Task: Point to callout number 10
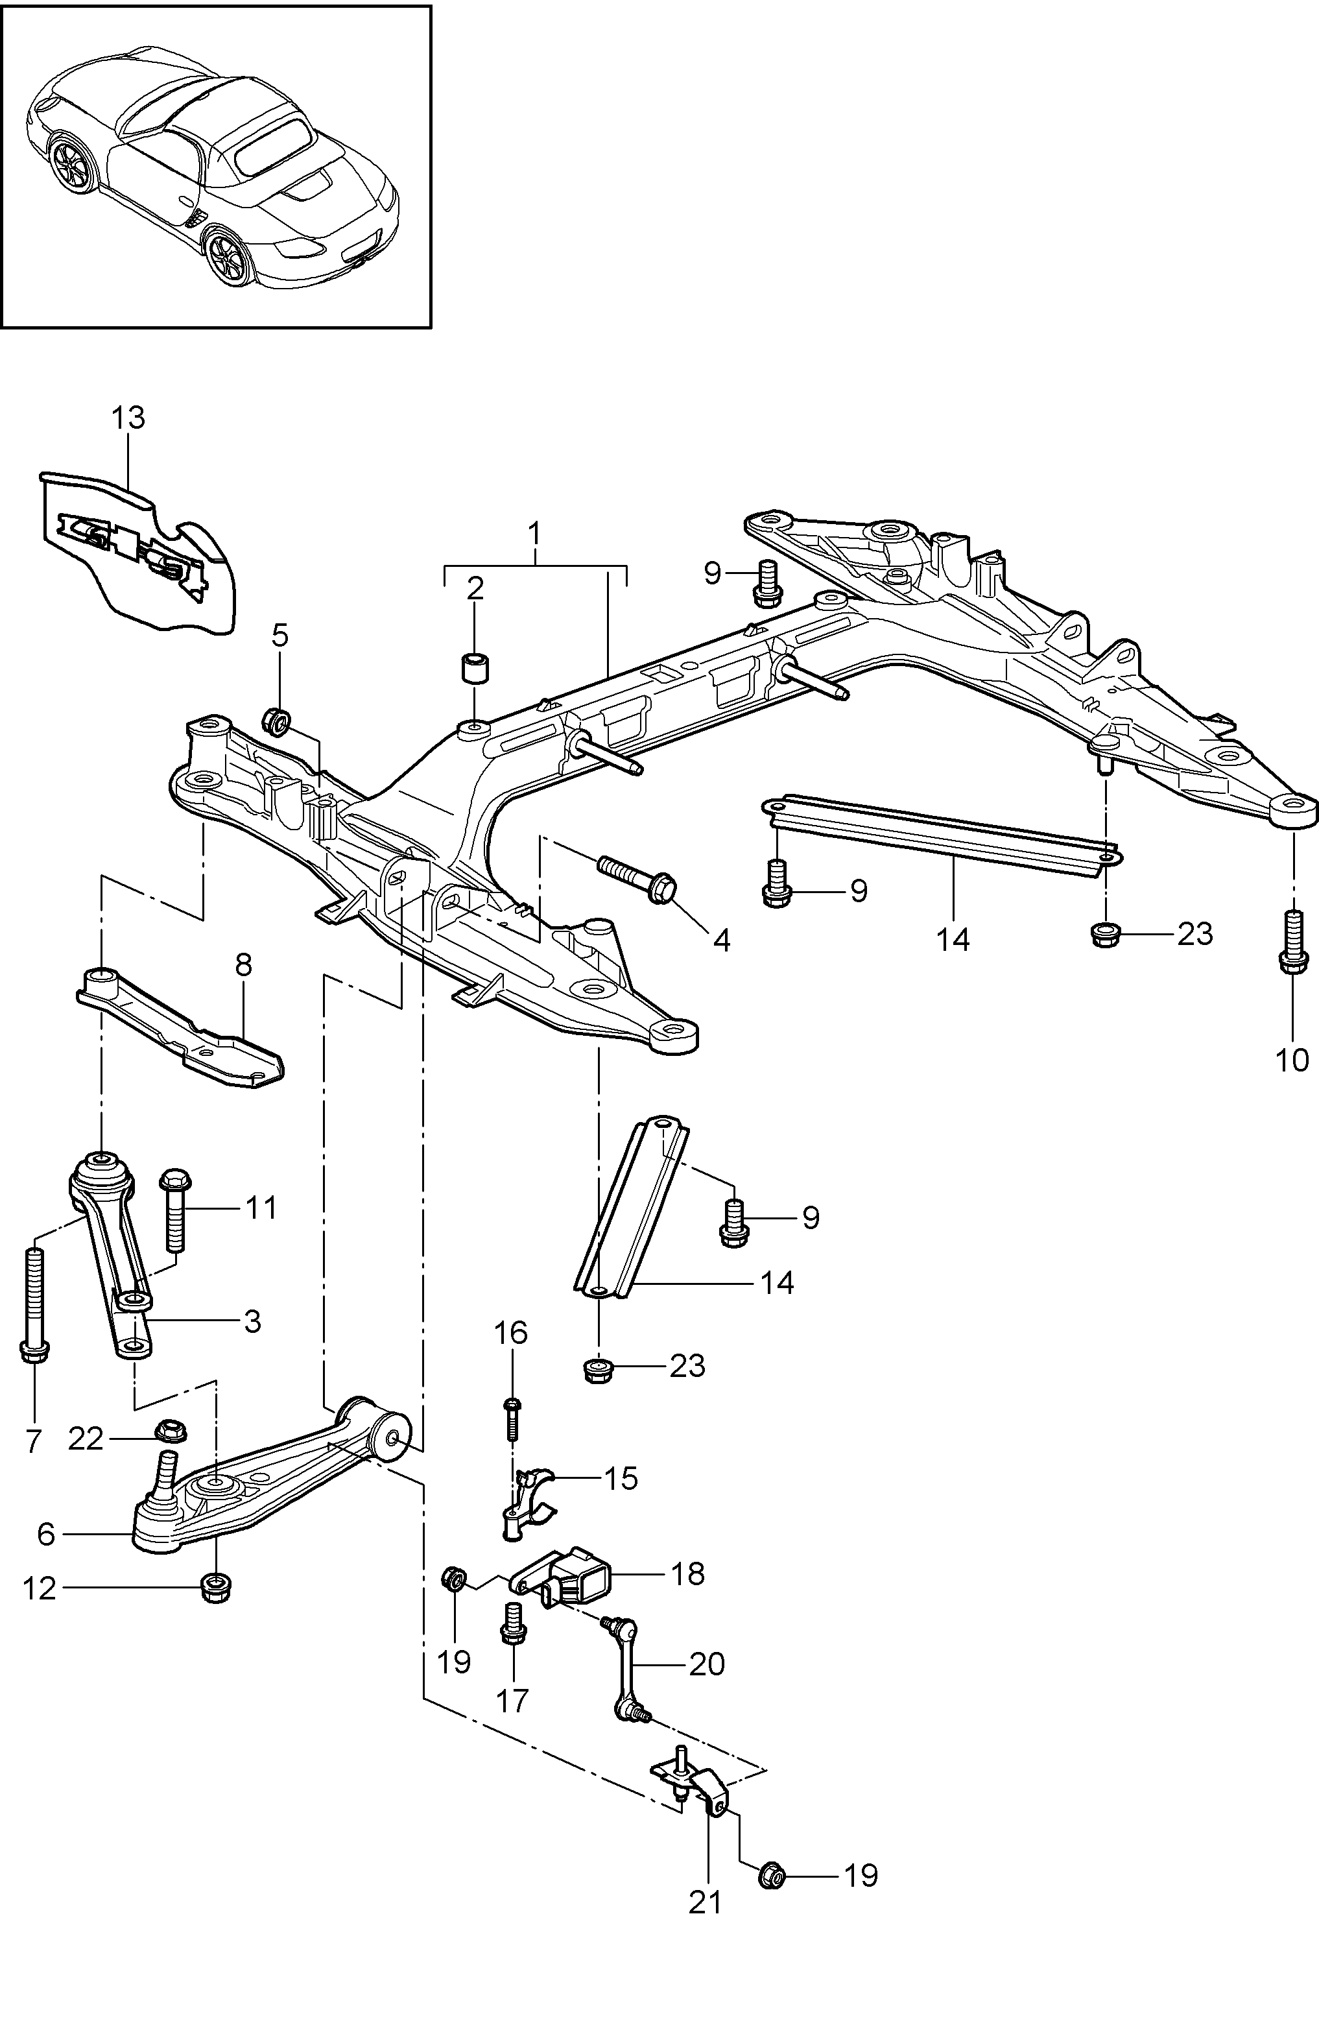pos(1292,1060)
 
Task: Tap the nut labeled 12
pos(215,1587)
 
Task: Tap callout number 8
pos(243,966)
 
